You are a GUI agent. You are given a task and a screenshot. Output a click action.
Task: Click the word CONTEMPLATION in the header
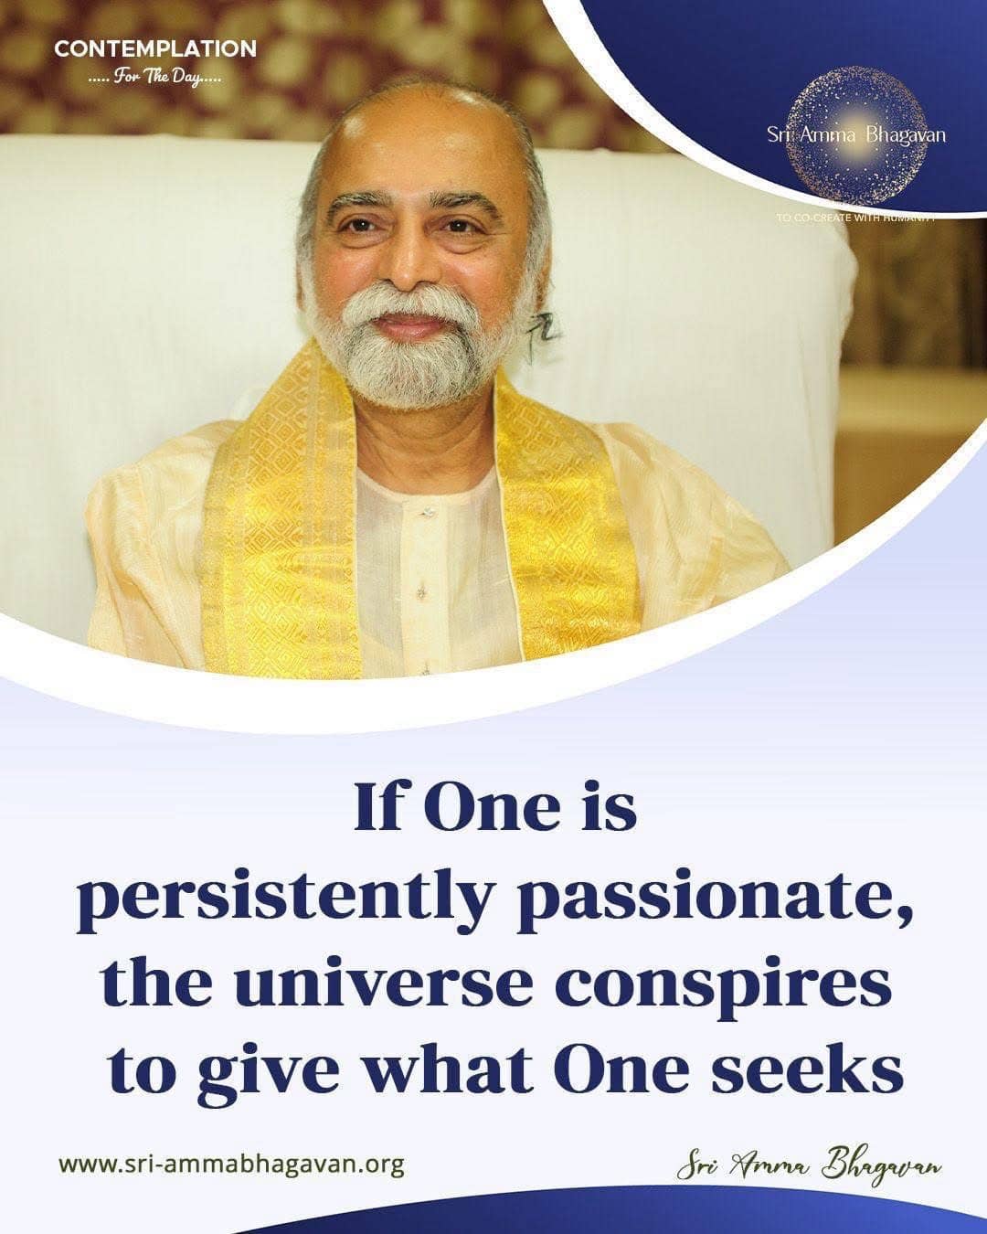click(154, 48)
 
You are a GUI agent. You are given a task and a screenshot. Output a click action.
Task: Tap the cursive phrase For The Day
click(155, 77)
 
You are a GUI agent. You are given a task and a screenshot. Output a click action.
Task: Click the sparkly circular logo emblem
click(855, 135)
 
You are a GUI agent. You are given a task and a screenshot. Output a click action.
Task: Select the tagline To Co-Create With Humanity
click(855, 218)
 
